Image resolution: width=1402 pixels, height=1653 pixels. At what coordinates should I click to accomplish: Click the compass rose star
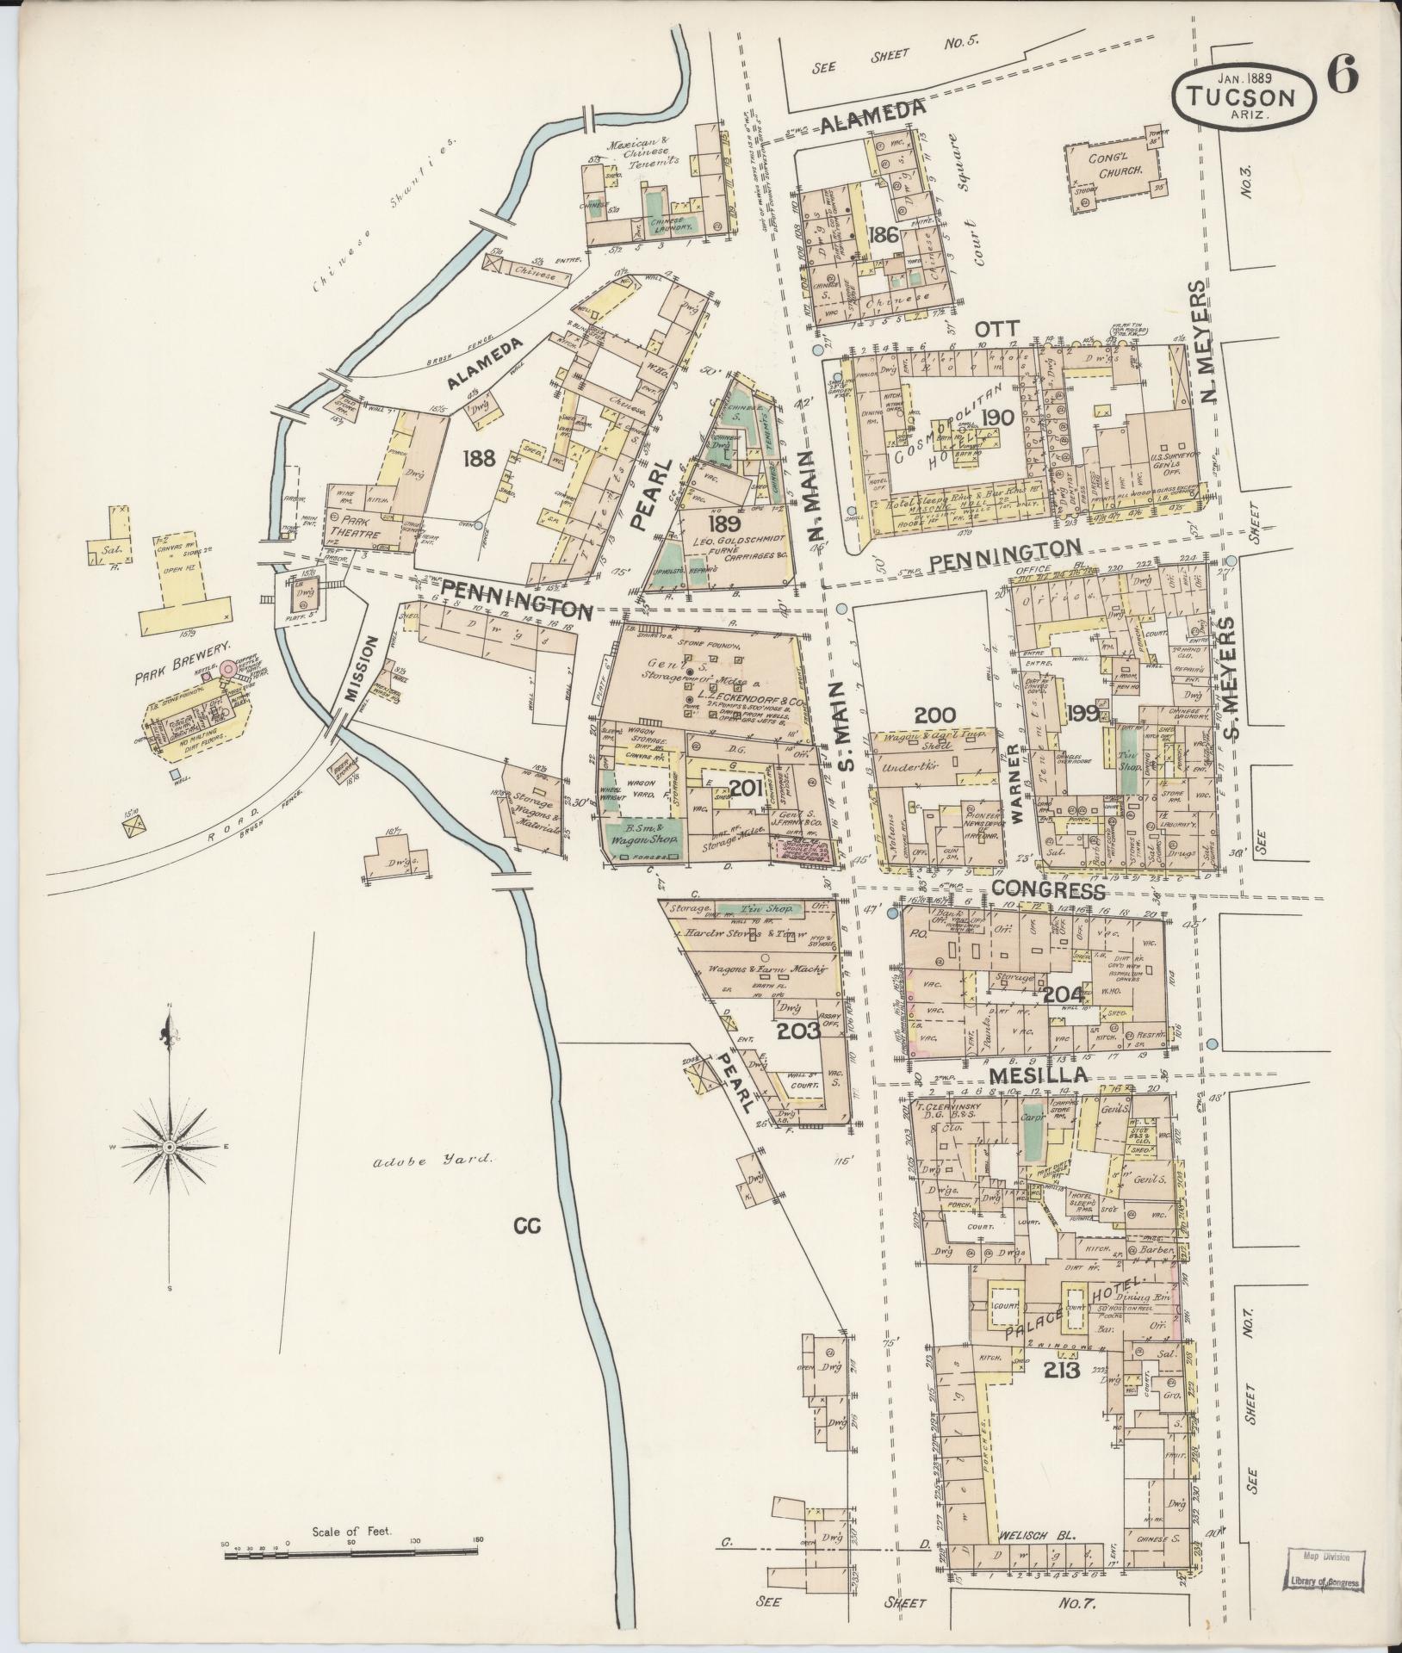tap(170, 1148)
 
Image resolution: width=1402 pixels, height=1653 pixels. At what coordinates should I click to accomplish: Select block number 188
tap(478, 458)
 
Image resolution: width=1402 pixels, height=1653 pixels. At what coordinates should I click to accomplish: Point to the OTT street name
tap(997, 329)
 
